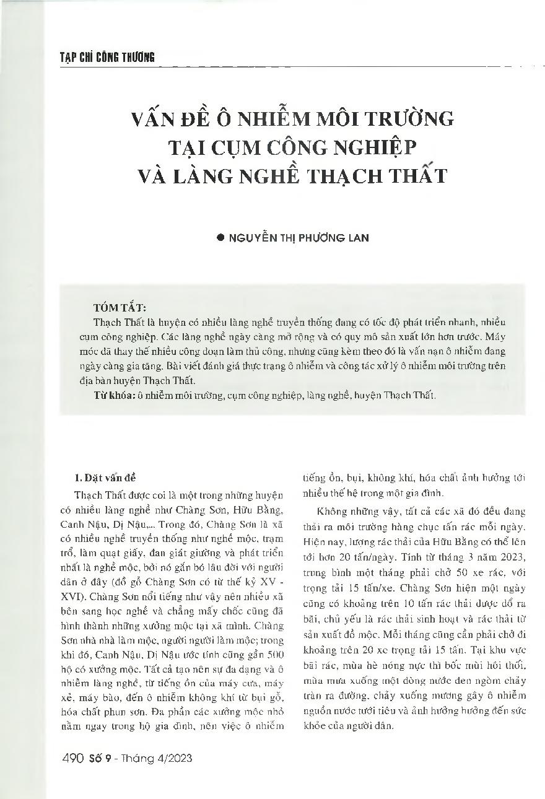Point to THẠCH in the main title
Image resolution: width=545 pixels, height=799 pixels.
[343, 175]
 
